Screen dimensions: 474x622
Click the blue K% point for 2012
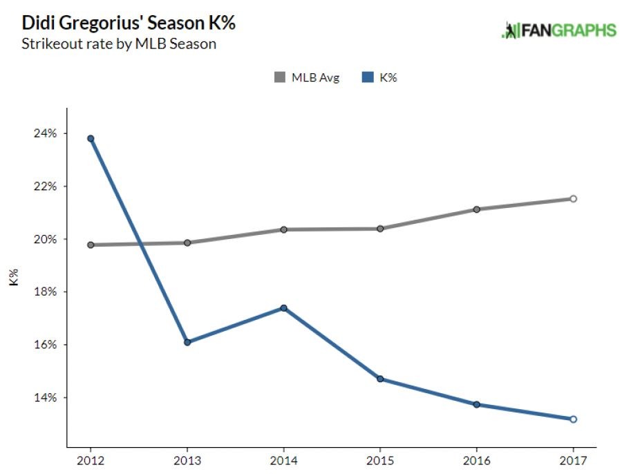(x=91, y=138)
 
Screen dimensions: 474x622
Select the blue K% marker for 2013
(x=187, y=342)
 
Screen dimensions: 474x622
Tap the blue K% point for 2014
(x=283, y=307)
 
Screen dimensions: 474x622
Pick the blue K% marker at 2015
(x=380, y=379)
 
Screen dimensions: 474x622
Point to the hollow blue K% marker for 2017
(x=573, y=419)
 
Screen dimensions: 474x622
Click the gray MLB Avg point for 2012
(x=91, y=245)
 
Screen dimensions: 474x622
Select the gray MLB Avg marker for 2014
(x=283, y=229)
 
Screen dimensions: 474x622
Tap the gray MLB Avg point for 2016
(x=477, y=209)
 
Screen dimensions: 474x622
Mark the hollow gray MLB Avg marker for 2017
(x=573, y=199)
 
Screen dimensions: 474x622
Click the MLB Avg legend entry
(x=307, y=78)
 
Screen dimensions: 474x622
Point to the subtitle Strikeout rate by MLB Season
(x=120, y=45)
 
